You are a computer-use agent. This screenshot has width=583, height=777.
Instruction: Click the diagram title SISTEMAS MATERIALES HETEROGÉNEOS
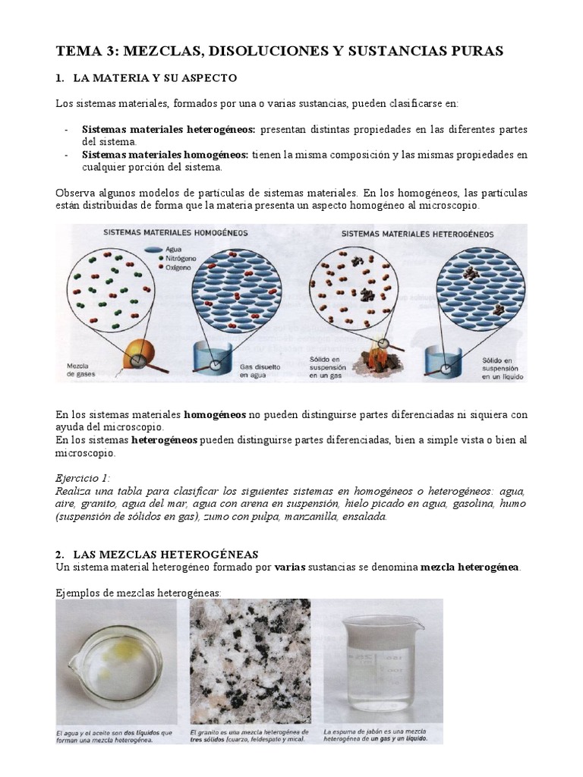coord(418,234)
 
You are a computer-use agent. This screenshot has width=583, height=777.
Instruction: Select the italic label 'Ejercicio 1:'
coord(83,478)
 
